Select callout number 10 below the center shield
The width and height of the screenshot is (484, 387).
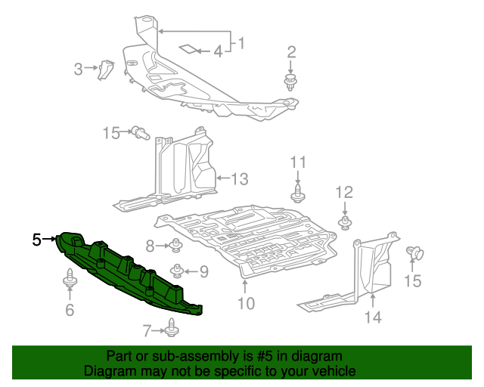tap(246, 305)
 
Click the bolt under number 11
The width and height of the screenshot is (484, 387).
tap(297, 193)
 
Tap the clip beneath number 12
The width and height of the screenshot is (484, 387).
tap(345, 221)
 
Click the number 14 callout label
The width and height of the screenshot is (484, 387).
tap(374, 317)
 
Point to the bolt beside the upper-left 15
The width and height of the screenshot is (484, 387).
tap(140, 134)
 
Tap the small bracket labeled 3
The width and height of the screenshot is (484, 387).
tap(106, 69)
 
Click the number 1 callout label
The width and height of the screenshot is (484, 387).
tap(241, 43)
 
